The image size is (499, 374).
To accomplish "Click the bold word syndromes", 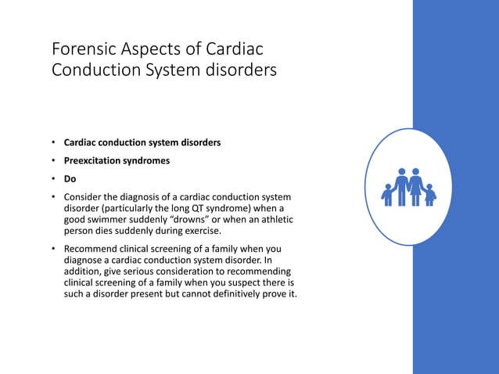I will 146,160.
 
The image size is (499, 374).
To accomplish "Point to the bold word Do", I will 70,178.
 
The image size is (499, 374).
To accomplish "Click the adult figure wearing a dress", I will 415,186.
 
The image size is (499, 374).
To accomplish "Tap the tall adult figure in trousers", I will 401,186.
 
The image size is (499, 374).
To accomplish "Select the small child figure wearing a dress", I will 429,195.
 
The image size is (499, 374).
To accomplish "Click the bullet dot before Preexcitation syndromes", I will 54,160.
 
